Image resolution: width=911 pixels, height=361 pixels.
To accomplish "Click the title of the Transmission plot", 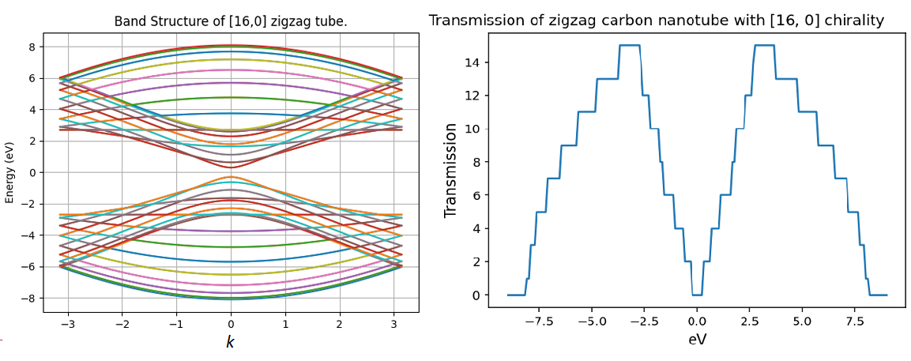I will point(656,21).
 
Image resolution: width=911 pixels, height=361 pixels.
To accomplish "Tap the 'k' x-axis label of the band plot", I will point(231,342).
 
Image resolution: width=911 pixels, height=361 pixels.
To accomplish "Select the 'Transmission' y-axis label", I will point(451,170).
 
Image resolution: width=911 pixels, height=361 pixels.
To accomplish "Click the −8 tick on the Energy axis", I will point(31,299).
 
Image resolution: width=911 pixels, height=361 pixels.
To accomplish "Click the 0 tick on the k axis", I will point(231,324).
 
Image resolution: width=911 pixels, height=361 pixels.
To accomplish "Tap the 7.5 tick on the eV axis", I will point(854,322).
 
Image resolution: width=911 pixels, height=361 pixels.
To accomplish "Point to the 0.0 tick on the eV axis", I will point(697,322).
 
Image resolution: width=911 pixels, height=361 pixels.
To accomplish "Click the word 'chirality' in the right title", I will point(853,21).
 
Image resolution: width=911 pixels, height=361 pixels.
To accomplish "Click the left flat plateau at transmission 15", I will point(629,45).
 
